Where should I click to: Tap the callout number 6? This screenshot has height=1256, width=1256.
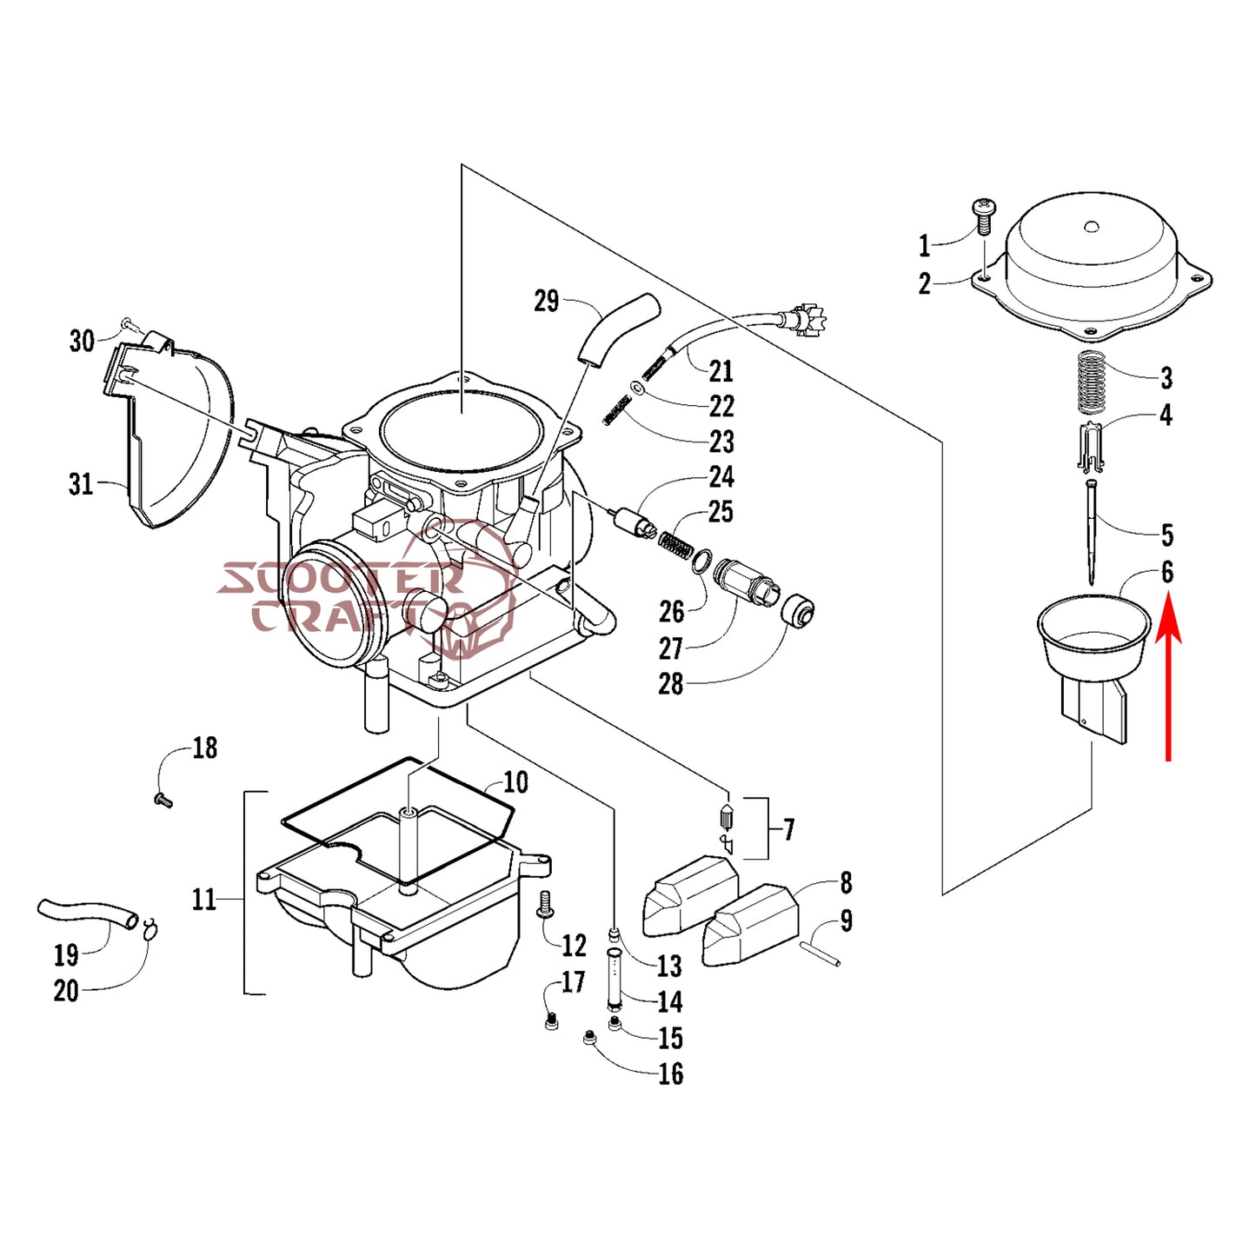[x=1166, y=572]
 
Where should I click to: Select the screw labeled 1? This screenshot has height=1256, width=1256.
[x=984, y=216]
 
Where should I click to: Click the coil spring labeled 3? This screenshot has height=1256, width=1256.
[x=1091, y=382]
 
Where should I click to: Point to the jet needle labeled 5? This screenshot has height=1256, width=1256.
[x=1092, y=530]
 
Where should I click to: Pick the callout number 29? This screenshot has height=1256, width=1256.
[x=546, y=302]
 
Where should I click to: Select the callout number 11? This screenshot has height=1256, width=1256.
[x=203, y=899]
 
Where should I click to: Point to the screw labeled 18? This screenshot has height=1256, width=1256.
[x=162, y=800]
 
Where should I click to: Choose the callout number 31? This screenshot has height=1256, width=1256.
[x=81, y=483]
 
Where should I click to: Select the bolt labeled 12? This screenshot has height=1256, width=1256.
[x=546, y=905]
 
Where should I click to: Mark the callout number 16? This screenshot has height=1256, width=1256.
[x=670, y=1073]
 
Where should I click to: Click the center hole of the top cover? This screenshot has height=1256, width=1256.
[x=1093, y=228]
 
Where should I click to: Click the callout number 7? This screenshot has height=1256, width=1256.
[x=788, y=829]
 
